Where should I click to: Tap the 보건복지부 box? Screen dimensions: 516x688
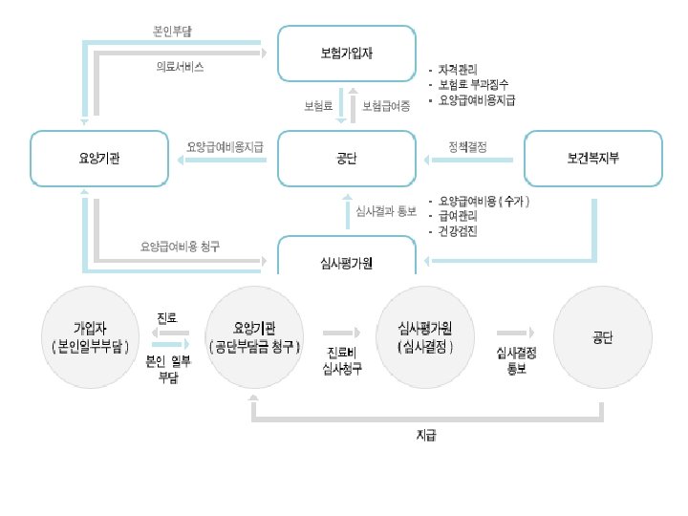pos(592,158)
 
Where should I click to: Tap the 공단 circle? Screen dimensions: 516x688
pos(602,336)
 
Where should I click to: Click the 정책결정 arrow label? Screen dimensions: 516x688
pos(468,147)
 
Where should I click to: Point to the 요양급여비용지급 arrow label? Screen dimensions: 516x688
pos(226,147)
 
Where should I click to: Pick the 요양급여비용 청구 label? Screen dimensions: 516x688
pos(181,246)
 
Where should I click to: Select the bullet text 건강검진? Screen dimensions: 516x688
pos(459,231)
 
